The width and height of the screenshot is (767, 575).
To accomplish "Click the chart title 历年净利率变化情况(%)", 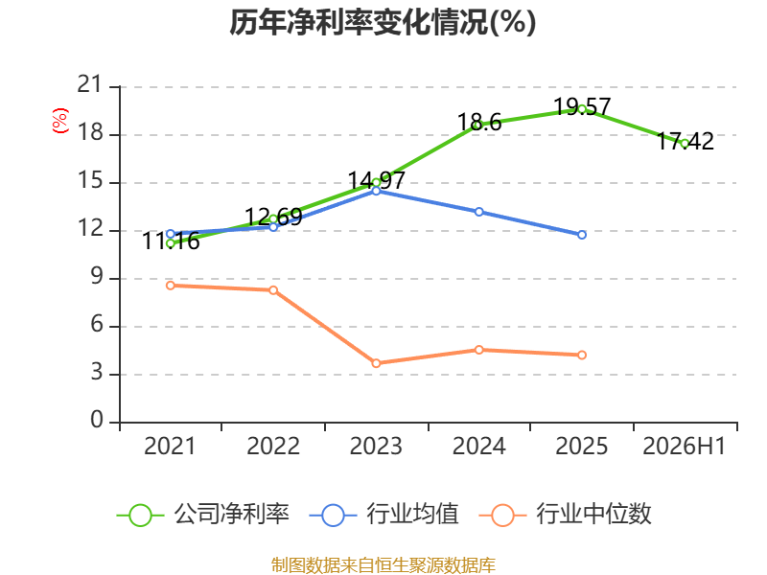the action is pos(383,22).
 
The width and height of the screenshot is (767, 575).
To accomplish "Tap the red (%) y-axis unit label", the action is pos(60,121).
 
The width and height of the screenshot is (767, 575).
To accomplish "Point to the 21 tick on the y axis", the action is pos(89,84).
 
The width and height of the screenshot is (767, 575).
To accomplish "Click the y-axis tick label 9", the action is pos(97,277).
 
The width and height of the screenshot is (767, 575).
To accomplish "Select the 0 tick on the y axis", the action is pos(97,420).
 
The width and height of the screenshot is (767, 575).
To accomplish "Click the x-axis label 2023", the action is pos(376,446).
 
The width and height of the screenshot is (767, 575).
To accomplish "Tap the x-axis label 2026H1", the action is pos(684,446).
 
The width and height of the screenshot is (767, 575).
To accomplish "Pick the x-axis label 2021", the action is pos(170,446).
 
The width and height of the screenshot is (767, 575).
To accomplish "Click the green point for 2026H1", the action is pos(685,144).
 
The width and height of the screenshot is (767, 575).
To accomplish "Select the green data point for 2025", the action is pos(582,109).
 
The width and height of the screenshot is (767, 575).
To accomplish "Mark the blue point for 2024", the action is pos(478,212).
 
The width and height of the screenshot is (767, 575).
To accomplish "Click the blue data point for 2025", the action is pos(582,235).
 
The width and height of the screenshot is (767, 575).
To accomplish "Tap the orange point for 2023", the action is pos(376,363).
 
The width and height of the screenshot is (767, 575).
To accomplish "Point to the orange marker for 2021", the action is pos(171,286).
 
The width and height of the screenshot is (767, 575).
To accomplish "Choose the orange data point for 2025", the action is pos(582,355).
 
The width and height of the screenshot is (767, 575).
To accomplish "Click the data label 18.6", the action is pos(479,123).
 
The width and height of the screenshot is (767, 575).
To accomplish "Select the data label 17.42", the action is pos(685,141).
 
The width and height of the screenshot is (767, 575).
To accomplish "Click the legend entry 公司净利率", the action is pos(203,515).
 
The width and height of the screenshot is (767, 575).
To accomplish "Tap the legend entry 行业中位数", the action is pos(566,515).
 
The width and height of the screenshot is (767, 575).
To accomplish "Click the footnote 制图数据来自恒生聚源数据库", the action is pos(383,565).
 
